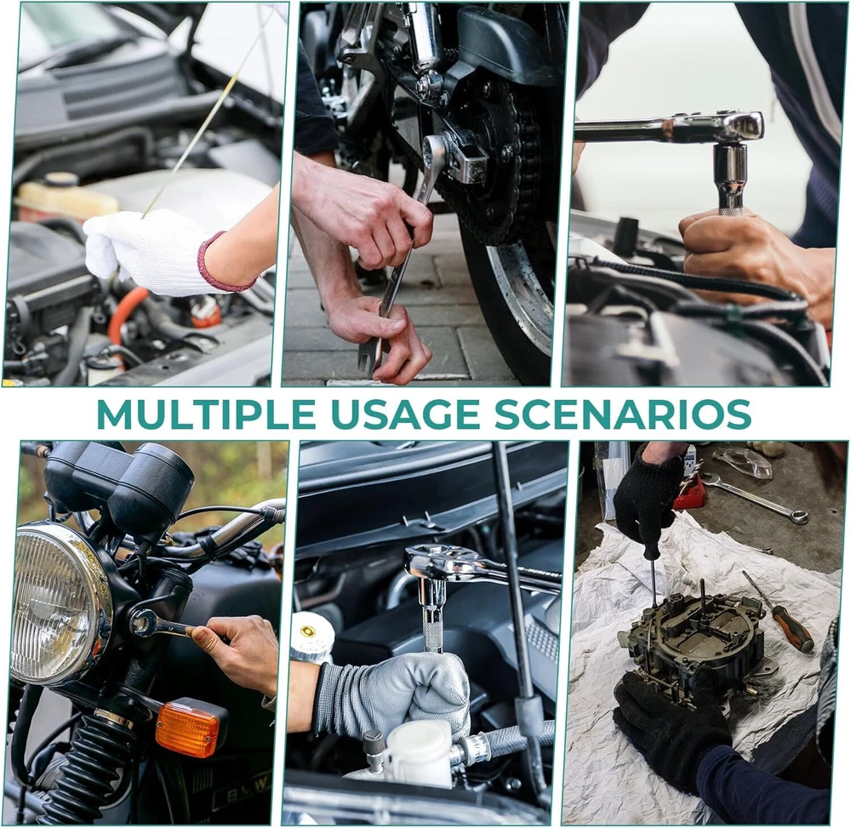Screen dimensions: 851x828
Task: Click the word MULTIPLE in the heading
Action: click(x=206, y=414)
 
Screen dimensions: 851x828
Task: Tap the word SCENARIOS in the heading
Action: click(x=623, y=414)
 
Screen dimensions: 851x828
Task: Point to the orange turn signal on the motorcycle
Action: click(x=188, y=728)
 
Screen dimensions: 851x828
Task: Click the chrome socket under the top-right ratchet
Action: click(x=730, y=177)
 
